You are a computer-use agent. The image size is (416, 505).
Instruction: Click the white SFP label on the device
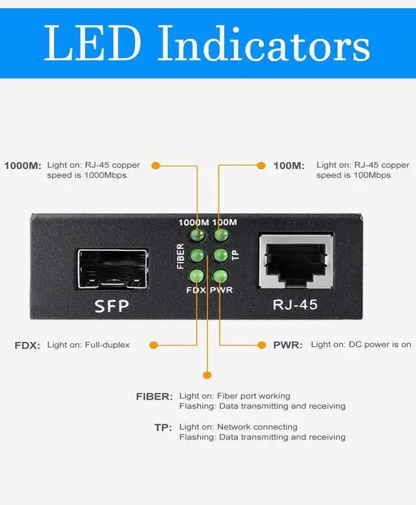pos(111,305)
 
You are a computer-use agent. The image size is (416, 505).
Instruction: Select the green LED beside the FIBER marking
pos(197,255)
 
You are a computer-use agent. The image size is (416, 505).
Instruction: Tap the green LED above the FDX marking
pos(197,276)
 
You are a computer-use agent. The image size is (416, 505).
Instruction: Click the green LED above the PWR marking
pos(220,276)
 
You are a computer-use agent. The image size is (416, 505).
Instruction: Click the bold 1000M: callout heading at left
pos(22,166)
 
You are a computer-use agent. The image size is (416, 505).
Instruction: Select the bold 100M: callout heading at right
pos(289,166)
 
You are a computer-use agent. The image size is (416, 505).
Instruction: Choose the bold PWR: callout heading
pos(288,345)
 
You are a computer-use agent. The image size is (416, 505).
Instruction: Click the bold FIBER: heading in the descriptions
pos(154,396)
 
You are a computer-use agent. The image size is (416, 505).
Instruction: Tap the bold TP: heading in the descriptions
pos(162,428)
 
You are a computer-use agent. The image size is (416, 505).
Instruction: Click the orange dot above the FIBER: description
pos(207,374)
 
